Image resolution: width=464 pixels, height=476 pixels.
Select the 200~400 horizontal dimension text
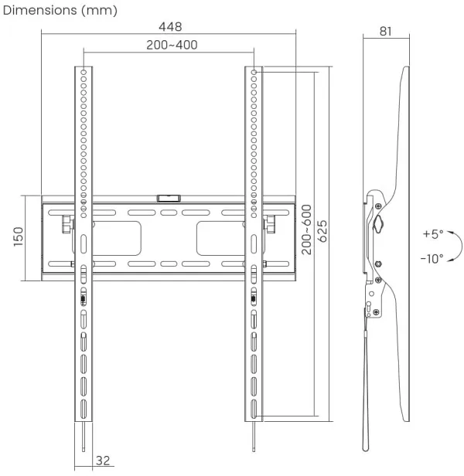(x=171, y=45)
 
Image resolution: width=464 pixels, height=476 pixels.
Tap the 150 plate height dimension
(x=17, y=237)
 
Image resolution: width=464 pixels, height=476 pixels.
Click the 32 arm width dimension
(x=102, y=461)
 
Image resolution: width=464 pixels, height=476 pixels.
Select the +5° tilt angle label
(x=433, y=233)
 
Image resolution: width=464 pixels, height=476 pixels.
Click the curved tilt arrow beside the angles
(x=456, y=246)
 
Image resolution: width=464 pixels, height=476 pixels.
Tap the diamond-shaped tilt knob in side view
(x=377, y=223)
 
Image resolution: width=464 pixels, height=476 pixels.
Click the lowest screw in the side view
(x=376, y=311)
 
